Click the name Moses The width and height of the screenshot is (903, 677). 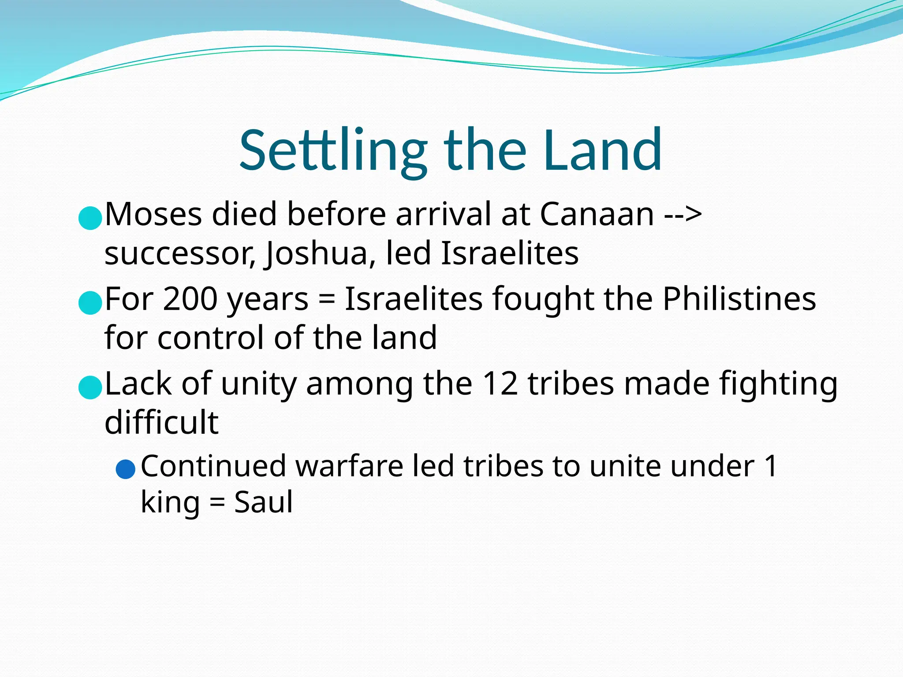153,214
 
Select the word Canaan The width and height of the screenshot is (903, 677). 597,214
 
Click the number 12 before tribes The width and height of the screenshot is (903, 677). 500,383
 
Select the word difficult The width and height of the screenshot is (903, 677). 161,422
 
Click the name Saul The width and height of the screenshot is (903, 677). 263,502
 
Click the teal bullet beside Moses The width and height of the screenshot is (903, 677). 90,218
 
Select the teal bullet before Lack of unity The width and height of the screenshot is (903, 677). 90,387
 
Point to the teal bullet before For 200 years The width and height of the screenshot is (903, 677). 90,303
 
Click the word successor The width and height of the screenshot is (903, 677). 180,254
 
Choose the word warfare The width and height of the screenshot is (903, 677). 349,466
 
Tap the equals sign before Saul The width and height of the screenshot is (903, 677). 216,503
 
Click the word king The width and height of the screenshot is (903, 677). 170,503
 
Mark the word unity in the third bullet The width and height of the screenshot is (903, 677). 258,383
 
